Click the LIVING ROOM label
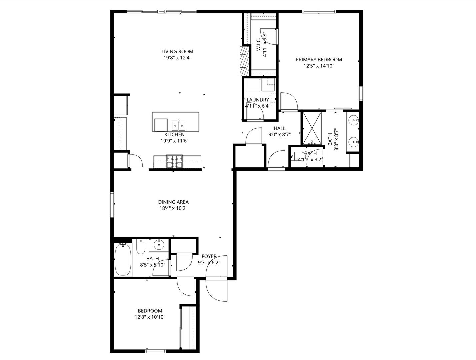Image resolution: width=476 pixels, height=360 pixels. click(177, 51)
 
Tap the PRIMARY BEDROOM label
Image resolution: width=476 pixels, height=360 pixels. click(319, 59)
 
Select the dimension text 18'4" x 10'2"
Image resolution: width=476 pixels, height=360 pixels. click(173, 208)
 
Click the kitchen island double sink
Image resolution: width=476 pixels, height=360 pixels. click(179, 125)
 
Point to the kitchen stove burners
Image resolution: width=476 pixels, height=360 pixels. click(174, 161)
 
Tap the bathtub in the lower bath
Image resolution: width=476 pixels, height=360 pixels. click(123, 259)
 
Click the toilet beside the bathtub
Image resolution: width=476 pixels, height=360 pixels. click(141, 247)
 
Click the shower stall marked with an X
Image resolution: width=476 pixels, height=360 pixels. click(312, 128)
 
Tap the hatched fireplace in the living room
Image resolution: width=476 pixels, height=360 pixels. click(244, 61)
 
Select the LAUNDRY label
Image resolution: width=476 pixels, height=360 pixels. click(258, 100)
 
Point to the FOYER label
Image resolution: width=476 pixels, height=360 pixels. click(209, 256)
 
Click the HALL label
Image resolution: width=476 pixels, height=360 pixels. click(280, 128)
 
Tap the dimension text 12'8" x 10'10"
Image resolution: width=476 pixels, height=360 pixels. click(150, 317)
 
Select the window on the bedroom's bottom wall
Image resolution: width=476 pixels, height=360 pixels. click(155, 351)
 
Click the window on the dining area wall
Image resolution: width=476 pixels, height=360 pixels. click(112, 205)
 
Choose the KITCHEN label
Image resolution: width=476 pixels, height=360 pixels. click(174, 134)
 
